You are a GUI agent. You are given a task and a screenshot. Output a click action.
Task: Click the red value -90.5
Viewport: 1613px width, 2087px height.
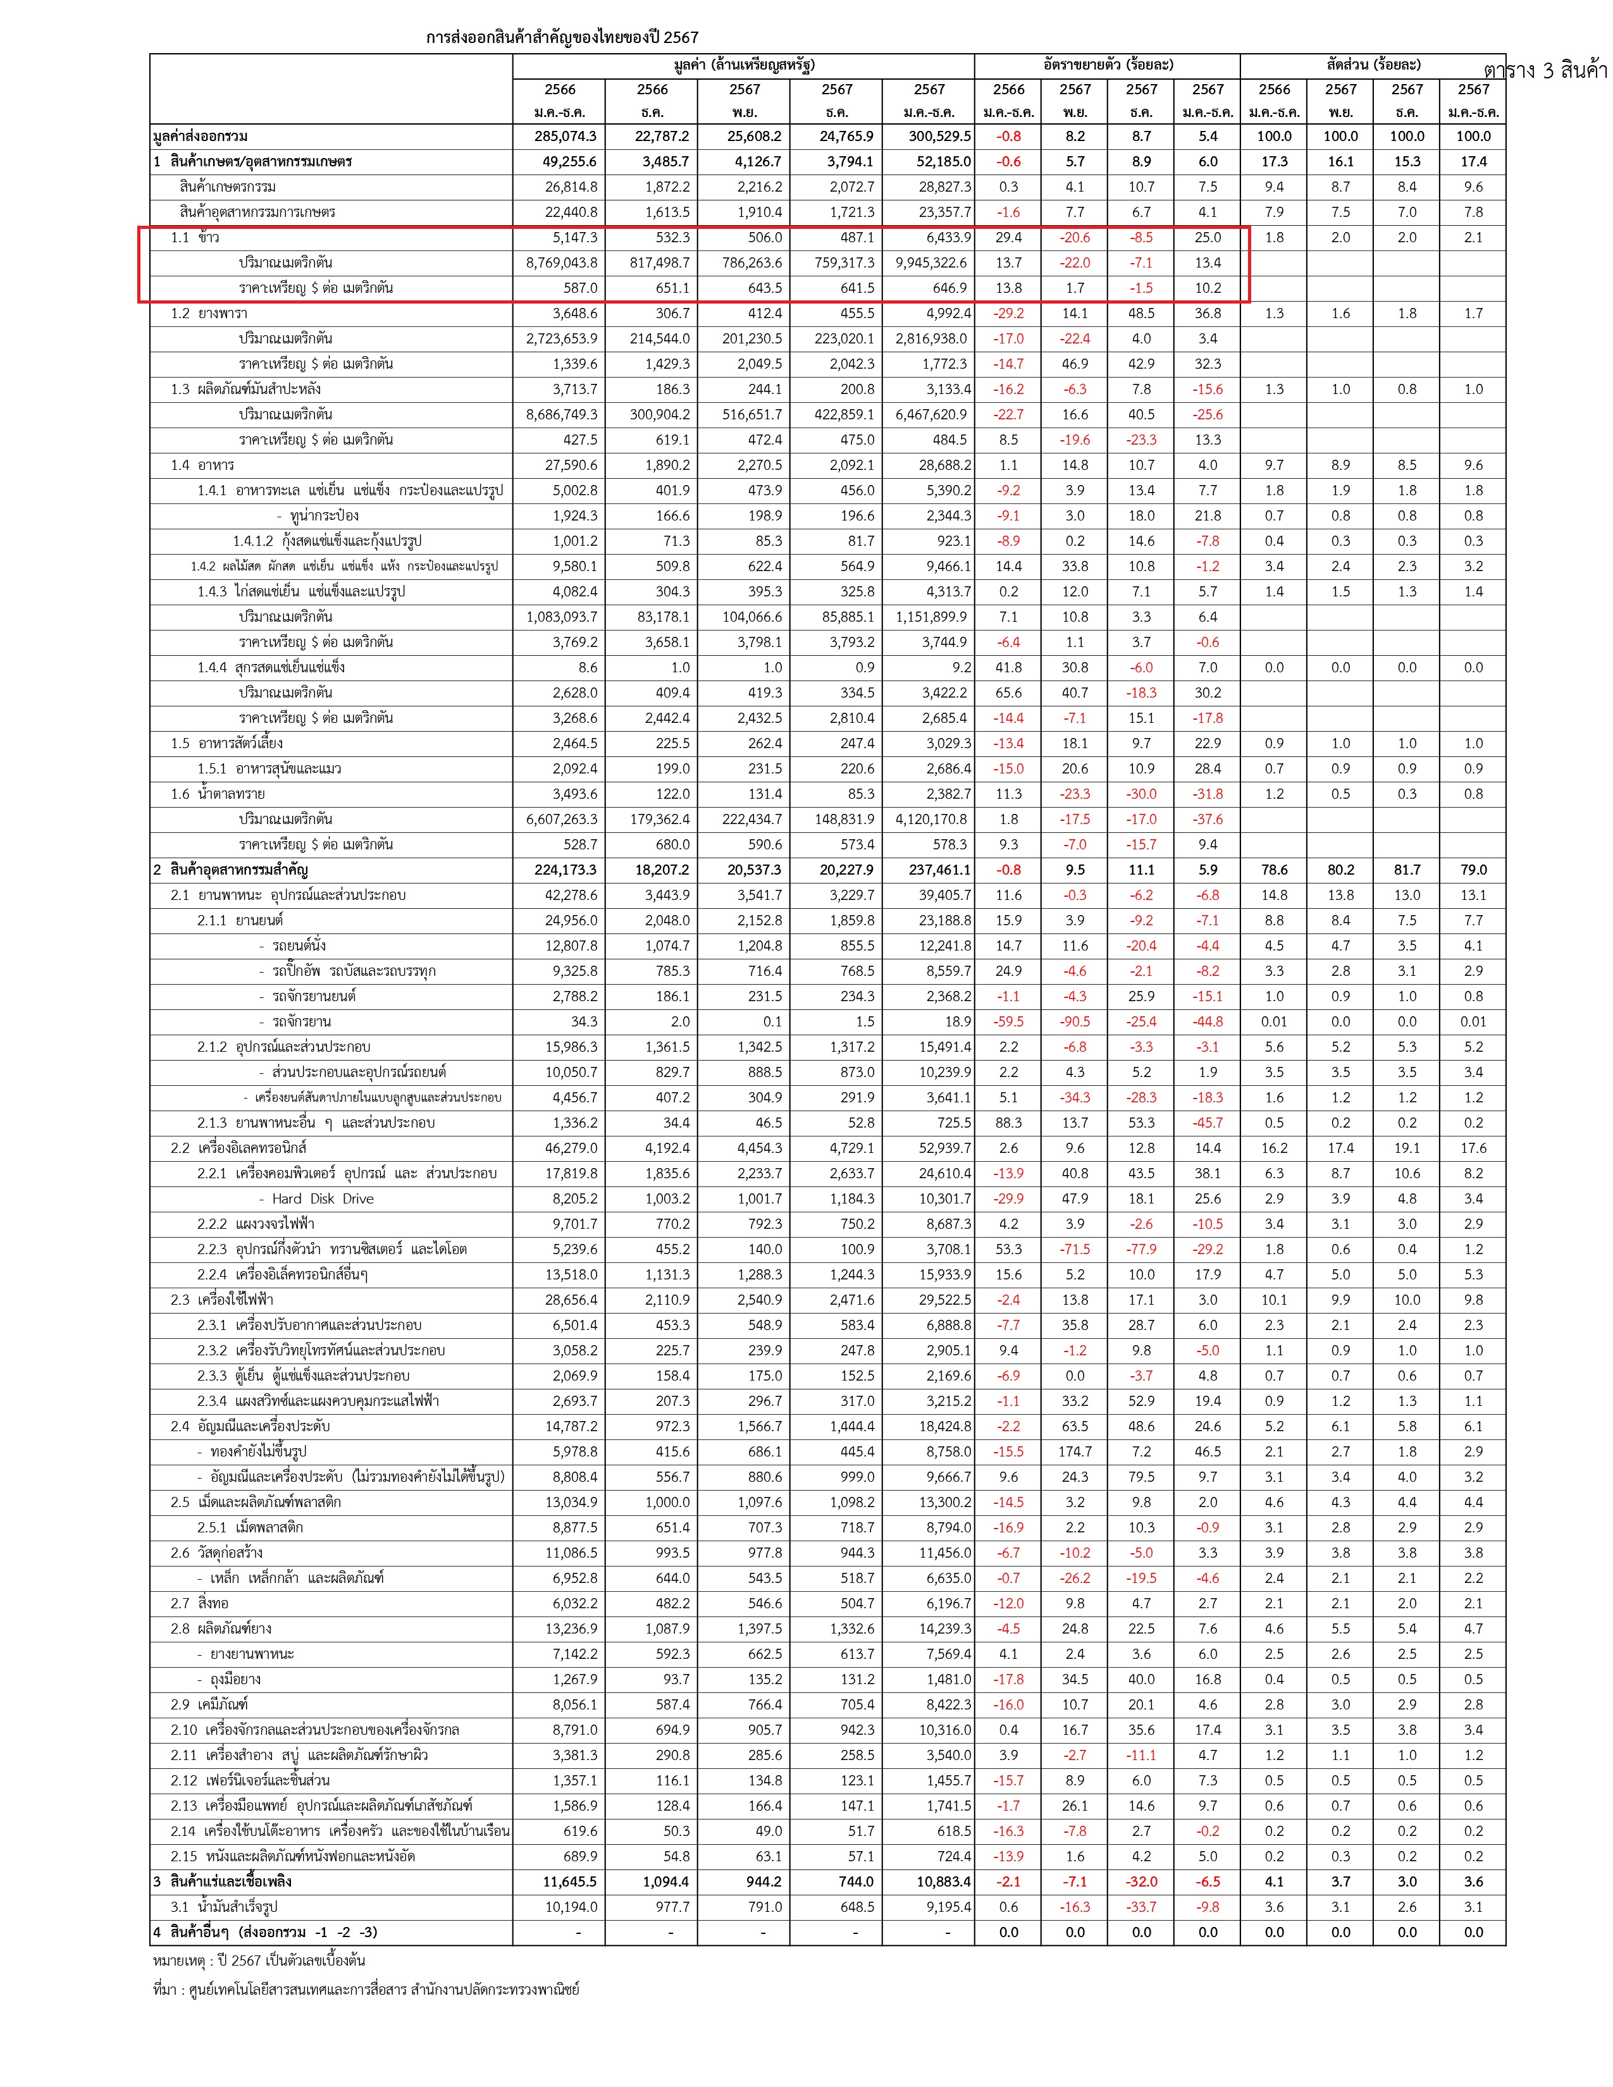click(x=1075, y=1021)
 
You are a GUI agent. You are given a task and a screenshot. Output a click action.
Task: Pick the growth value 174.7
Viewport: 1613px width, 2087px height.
click(x=1075, y=1451)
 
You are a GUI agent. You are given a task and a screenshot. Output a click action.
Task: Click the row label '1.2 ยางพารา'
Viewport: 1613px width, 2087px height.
click(x=209, y=314)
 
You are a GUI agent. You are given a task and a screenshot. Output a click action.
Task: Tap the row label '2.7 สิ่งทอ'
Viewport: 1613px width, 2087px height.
click(x=200, y=1603)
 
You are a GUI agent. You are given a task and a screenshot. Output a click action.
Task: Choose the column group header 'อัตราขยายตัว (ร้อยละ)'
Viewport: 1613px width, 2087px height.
click(x=1108, y=65)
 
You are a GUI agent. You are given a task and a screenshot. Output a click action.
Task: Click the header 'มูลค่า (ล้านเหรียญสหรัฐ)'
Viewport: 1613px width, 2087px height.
click(x=743, y=65)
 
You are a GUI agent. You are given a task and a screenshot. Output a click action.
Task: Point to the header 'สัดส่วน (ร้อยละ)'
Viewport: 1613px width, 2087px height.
click(x=1373, y=65)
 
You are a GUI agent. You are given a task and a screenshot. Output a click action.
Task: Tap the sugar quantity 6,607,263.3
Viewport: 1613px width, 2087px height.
click(x=562, y=819)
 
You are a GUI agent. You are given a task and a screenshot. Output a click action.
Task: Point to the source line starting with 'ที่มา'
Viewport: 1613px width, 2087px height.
click(x=366, y=1990)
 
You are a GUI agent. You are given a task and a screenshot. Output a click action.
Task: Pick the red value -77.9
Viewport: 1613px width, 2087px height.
click(x=1141, y=1249)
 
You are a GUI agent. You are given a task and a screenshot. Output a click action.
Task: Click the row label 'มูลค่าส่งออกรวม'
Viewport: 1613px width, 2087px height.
click(x=201, y=137)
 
